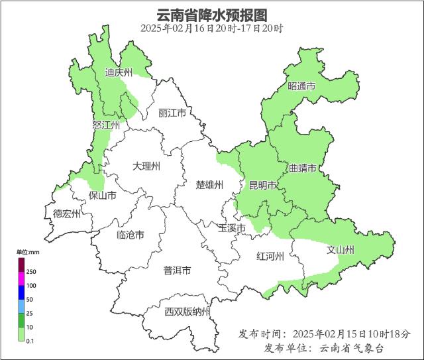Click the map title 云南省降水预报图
pos(211,15)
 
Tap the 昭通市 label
pos(301,87)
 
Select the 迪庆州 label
pos(119,73)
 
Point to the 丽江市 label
pos(172,113)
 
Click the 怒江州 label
pos(107,125)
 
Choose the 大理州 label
pos(146,166)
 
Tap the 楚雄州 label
pos(210,184)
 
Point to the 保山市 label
pos(103,196)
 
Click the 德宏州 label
pos(67,213)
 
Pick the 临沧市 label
pos(131,235)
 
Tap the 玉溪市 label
pos(232,228)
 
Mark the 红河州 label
pos(270,257)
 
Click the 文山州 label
pos(341,250)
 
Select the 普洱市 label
pos(177,270)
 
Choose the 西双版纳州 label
pos(187,312)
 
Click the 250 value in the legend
pos(31,272)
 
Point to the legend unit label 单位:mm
pos(28,253)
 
